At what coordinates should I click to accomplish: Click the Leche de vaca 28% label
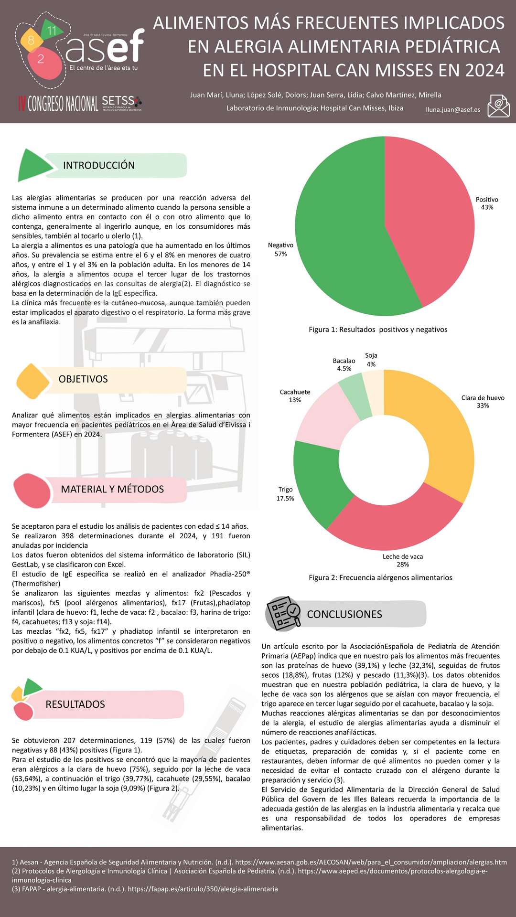403,560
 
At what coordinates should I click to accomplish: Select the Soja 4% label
371,360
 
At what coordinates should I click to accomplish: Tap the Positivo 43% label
487,203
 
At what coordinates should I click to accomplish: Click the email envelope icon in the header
498,106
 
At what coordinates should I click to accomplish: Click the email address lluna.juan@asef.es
453,109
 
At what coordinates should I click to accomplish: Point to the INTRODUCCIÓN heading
99,165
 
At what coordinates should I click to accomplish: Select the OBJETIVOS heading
83,379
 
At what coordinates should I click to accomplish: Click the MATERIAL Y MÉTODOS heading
112,489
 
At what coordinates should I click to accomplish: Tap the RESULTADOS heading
75,704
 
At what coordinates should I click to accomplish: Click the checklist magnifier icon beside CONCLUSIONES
284,614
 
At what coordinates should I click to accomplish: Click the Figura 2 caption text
380,577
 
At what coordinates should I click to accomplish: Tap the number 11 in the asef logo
52,31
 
